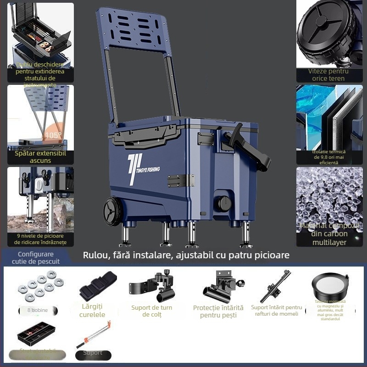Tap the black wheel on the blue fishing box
click(x=113, y=212)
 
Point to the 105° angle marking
click(x=53, y=135)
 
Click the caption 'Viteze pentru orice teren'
click(x=328, y=75)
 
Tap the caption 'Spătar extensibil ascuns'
click(x=40, y=157)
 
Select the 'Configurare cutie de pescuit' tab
click(x=36, y=258)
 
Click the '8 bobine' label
click(x=38, y=311)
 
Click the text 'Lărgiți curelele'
click(x=92, y=311)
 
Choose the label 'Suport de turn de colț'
click(x=151, y=311)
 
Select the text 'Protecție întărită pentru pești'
click(x=218, y=311)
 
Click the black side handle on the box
click(x=248, y=147)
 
